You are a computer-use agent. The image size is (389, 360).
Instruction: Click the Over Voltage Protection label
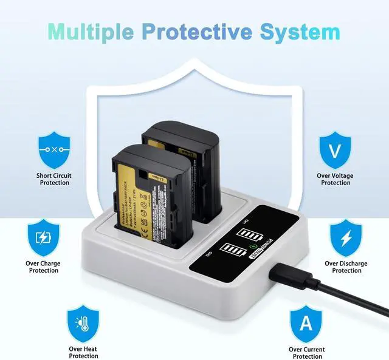pos(336,179)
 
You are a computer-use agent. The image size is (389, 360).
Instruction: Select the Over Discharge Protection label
pos(346,267)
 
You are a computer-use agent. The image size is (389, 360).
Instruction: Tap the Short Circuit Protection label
pos(53,179)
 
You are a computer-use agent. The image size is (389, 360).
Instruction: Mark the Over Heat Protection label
pos(83,353)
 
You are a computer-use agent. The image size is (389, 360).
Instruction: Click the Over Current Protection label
pos(306,353)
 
